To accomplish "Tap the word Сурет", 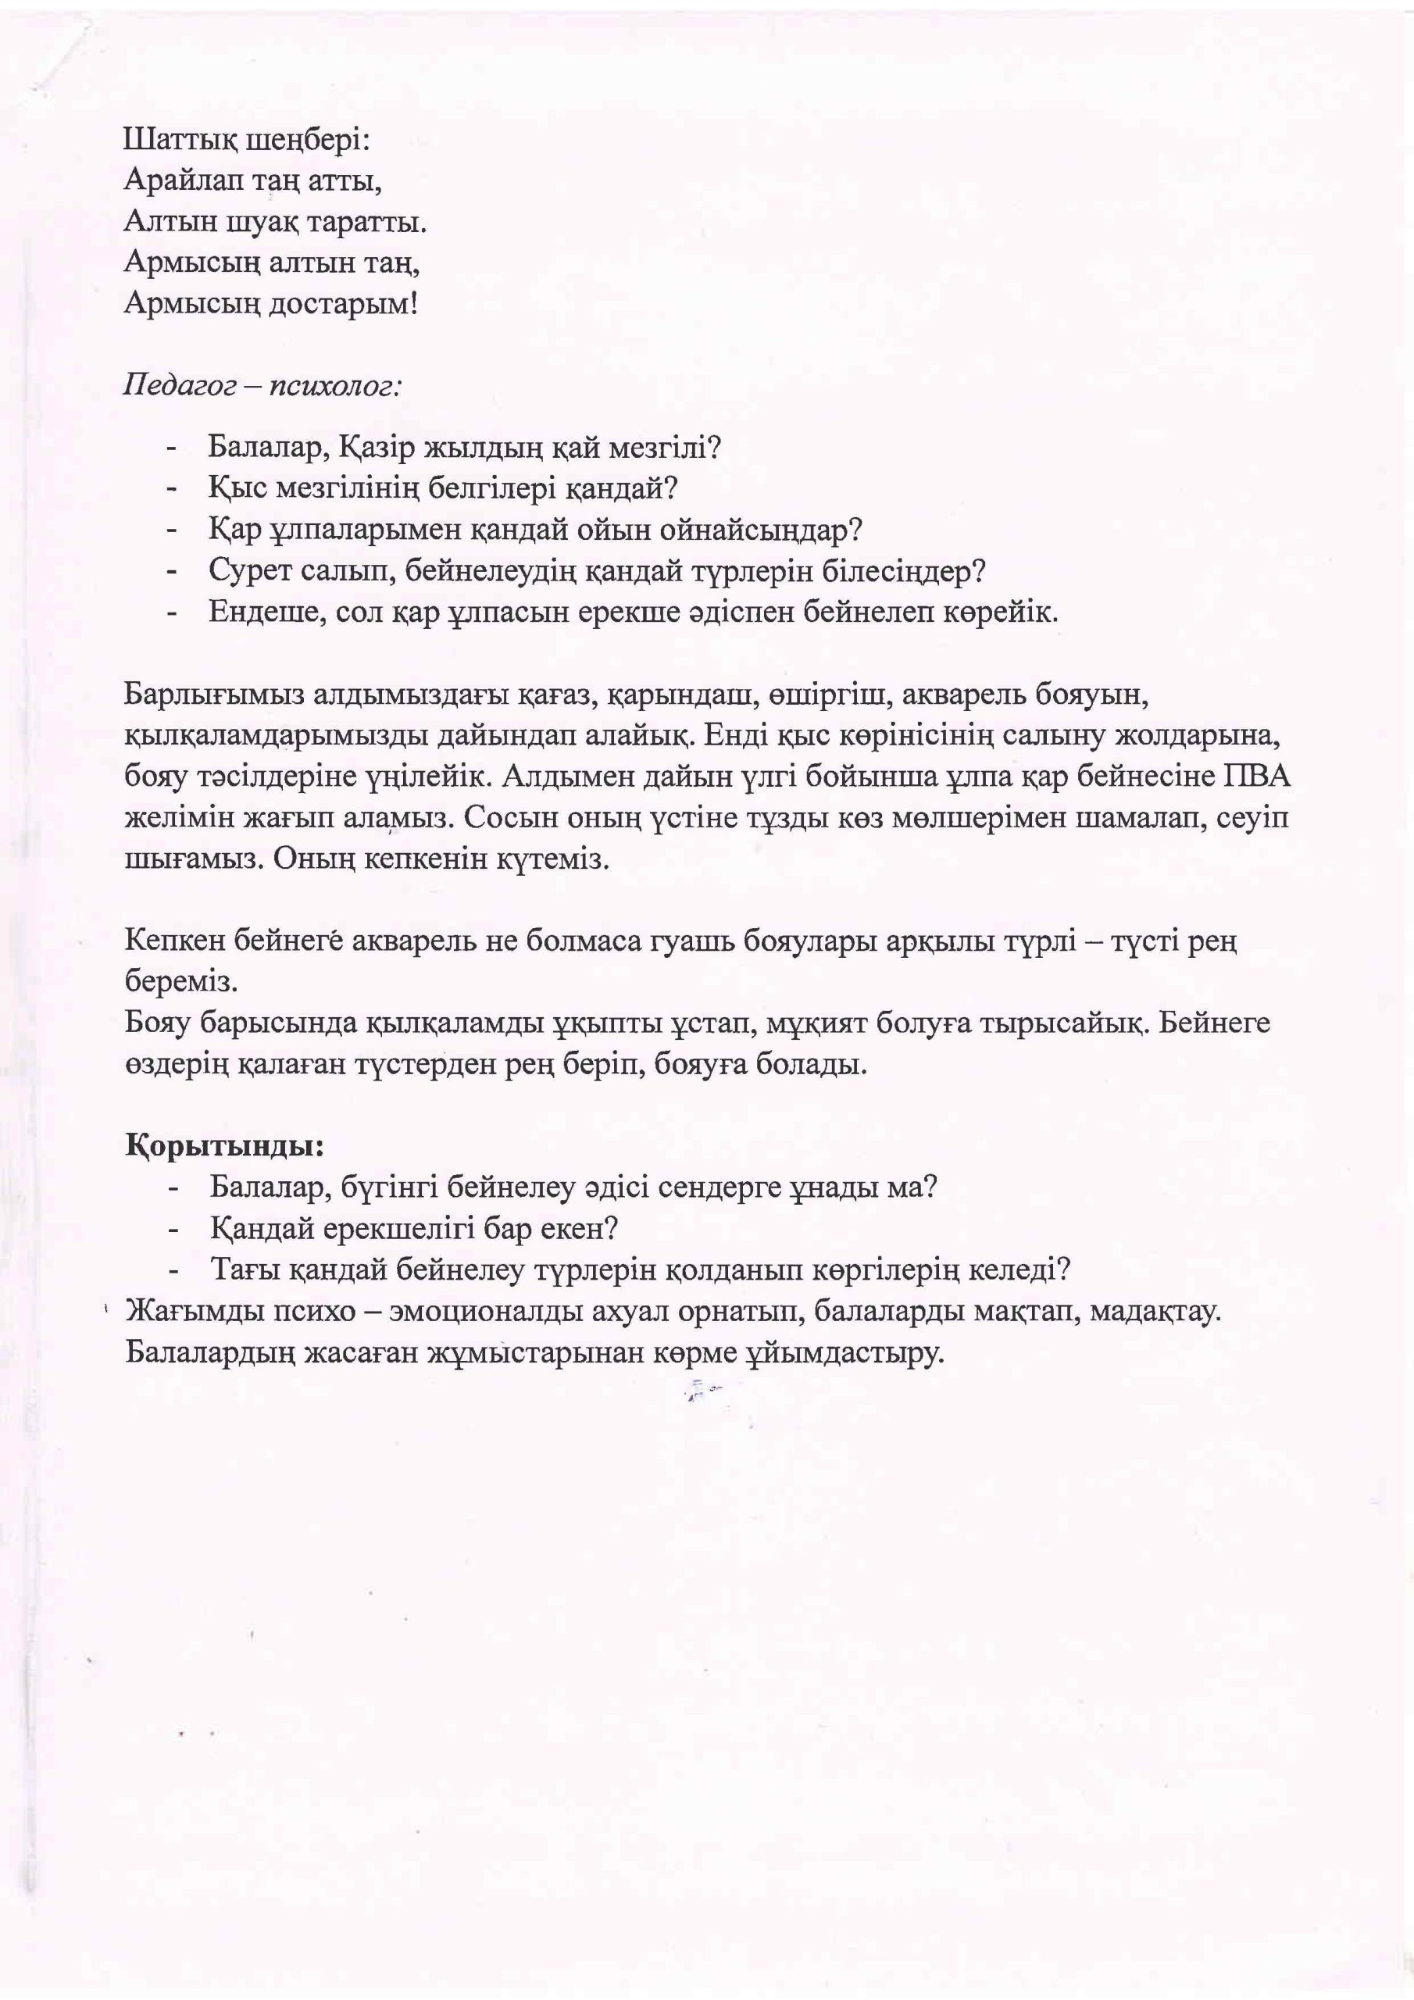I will [252, 570].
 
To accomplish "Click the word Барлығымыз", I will [212, 695].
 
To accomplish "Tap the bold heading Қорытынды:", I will [225, 1146].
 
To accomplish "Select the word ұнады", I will [833, 1187].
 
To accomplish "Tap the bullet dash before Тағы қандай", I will [174, 1270].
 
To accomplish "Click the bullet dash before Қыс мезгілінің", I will [173, 489].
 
